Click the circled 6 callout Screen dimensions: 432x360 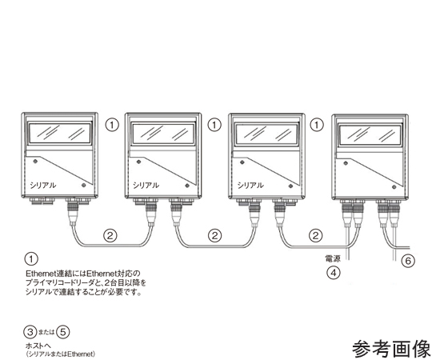click(408, 260)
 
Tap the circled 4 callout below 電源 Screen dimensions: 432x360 click(334, 273)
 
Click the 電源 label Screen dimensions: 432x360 click(333, 258)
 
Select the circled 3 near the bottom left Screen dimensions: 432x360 click(30, 332)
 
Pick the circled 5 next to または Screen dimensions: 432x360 click(63, 332)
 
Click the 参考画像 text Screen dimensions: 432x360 click(391, 349)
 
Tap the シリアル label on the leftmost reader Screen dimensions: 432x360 click(43, 185)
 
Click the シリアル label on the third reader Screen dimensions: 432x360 click(250, 185)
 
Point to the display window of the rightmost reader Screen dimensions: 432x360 click(370, 134)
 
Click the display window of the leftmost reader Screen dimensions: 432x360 click(60, 133)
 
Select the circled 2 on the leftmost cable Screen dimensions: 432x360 click(110, 235)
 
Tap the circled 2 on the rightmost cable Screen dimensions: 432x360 click(315, 235)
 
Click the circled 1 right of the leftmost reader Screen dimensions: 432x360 click(111, 125)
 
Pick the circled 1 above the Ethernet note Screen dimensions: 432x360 click(31, 258)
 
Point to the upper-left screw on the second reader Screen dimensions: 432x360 click(139, 162)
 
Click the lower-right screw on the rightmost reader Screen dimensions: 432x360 click(394, 187)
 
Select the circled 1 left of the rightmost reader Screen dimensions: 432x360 click(317, 125)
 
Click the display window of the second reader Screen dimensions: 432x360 click(164, 134)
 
